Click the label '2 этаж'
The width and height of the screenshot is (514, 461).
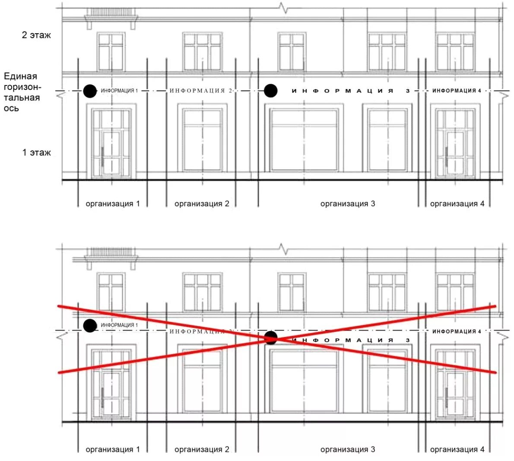coord(36,35)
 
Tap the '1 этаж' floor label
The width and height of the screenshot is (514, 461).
coord(36,153)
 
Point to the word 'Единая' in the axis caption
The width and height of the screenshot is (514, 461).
coord(20,76)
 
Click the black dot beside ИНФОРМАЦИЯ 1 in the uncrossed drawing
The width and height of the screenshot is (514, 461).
coord(90,91)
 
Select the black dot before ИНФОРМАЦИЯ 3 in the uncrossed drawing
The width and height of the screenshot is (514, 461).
coord(271,91)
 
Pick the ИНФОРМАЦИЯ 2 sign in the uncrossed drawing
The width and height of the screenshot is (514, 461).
coord(201,91)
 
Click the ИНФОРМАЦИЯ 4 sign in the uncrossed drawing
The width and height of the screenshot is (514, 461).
coord(457,91)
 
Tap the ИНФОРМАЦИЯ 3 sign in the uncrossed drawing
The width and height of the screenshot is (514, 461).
coord(350,91)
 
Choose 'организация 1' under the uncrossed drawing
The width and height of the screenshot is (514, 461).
coord(113,203)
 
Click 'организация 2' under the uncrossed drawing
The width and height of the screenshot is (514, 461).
coord(202,203)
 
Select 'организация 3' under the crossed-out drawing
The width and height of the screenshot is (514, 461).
coord(348,449)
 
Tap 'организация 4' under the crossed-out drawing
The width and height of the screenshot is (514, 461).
coord(457,449)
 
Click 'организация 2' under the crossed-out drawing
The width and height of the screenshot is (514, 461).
coord(202,449)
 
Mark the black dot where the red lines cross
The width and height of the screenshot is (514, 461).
coord(271,338)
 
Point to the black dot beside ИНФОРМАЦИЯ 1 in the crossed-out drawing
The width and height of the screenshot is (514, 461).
coord(90,325)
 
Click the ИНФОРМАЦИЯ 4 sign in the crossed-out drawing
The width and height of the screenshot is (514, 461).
coord(457,331)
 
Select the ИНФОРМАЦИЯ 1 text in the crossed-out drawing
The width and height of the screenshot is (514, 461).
coord(119,325)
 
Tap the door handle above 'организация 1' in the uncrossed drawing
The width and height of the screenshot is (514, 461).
coord(102,156)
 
